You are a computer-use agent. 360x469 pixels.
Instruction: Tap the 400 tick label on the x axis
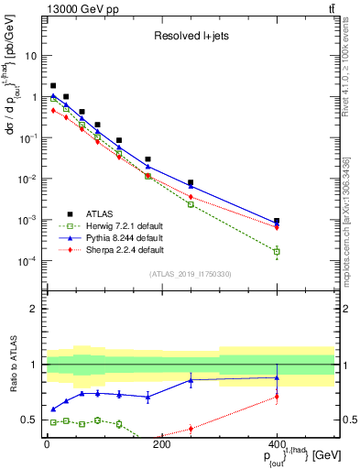[277, 444]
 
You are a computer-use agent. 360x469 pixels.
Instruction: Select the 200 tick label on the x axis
[161, 444]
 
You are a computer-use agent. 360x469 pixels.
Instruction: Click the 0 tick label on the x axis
[47, 444]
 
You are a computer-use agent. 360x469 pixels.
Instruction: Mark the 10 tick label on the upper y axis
[30, 56]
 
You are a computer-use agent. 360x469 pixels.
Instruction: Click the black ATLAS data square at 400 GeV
[277, 221]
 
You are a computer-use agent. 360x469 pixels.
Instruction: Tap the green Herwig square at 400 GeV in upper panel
[277, 251]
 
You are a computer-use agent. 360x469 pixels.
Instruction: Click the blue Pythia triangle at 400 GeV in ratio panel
[277, 377]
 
